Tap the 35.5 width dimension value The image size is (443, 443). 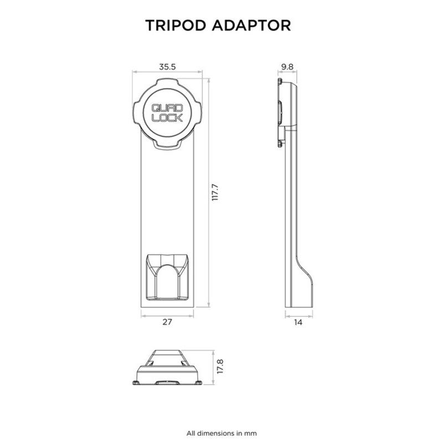167,67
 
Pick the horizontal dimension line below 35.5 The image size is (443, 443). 167,73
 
